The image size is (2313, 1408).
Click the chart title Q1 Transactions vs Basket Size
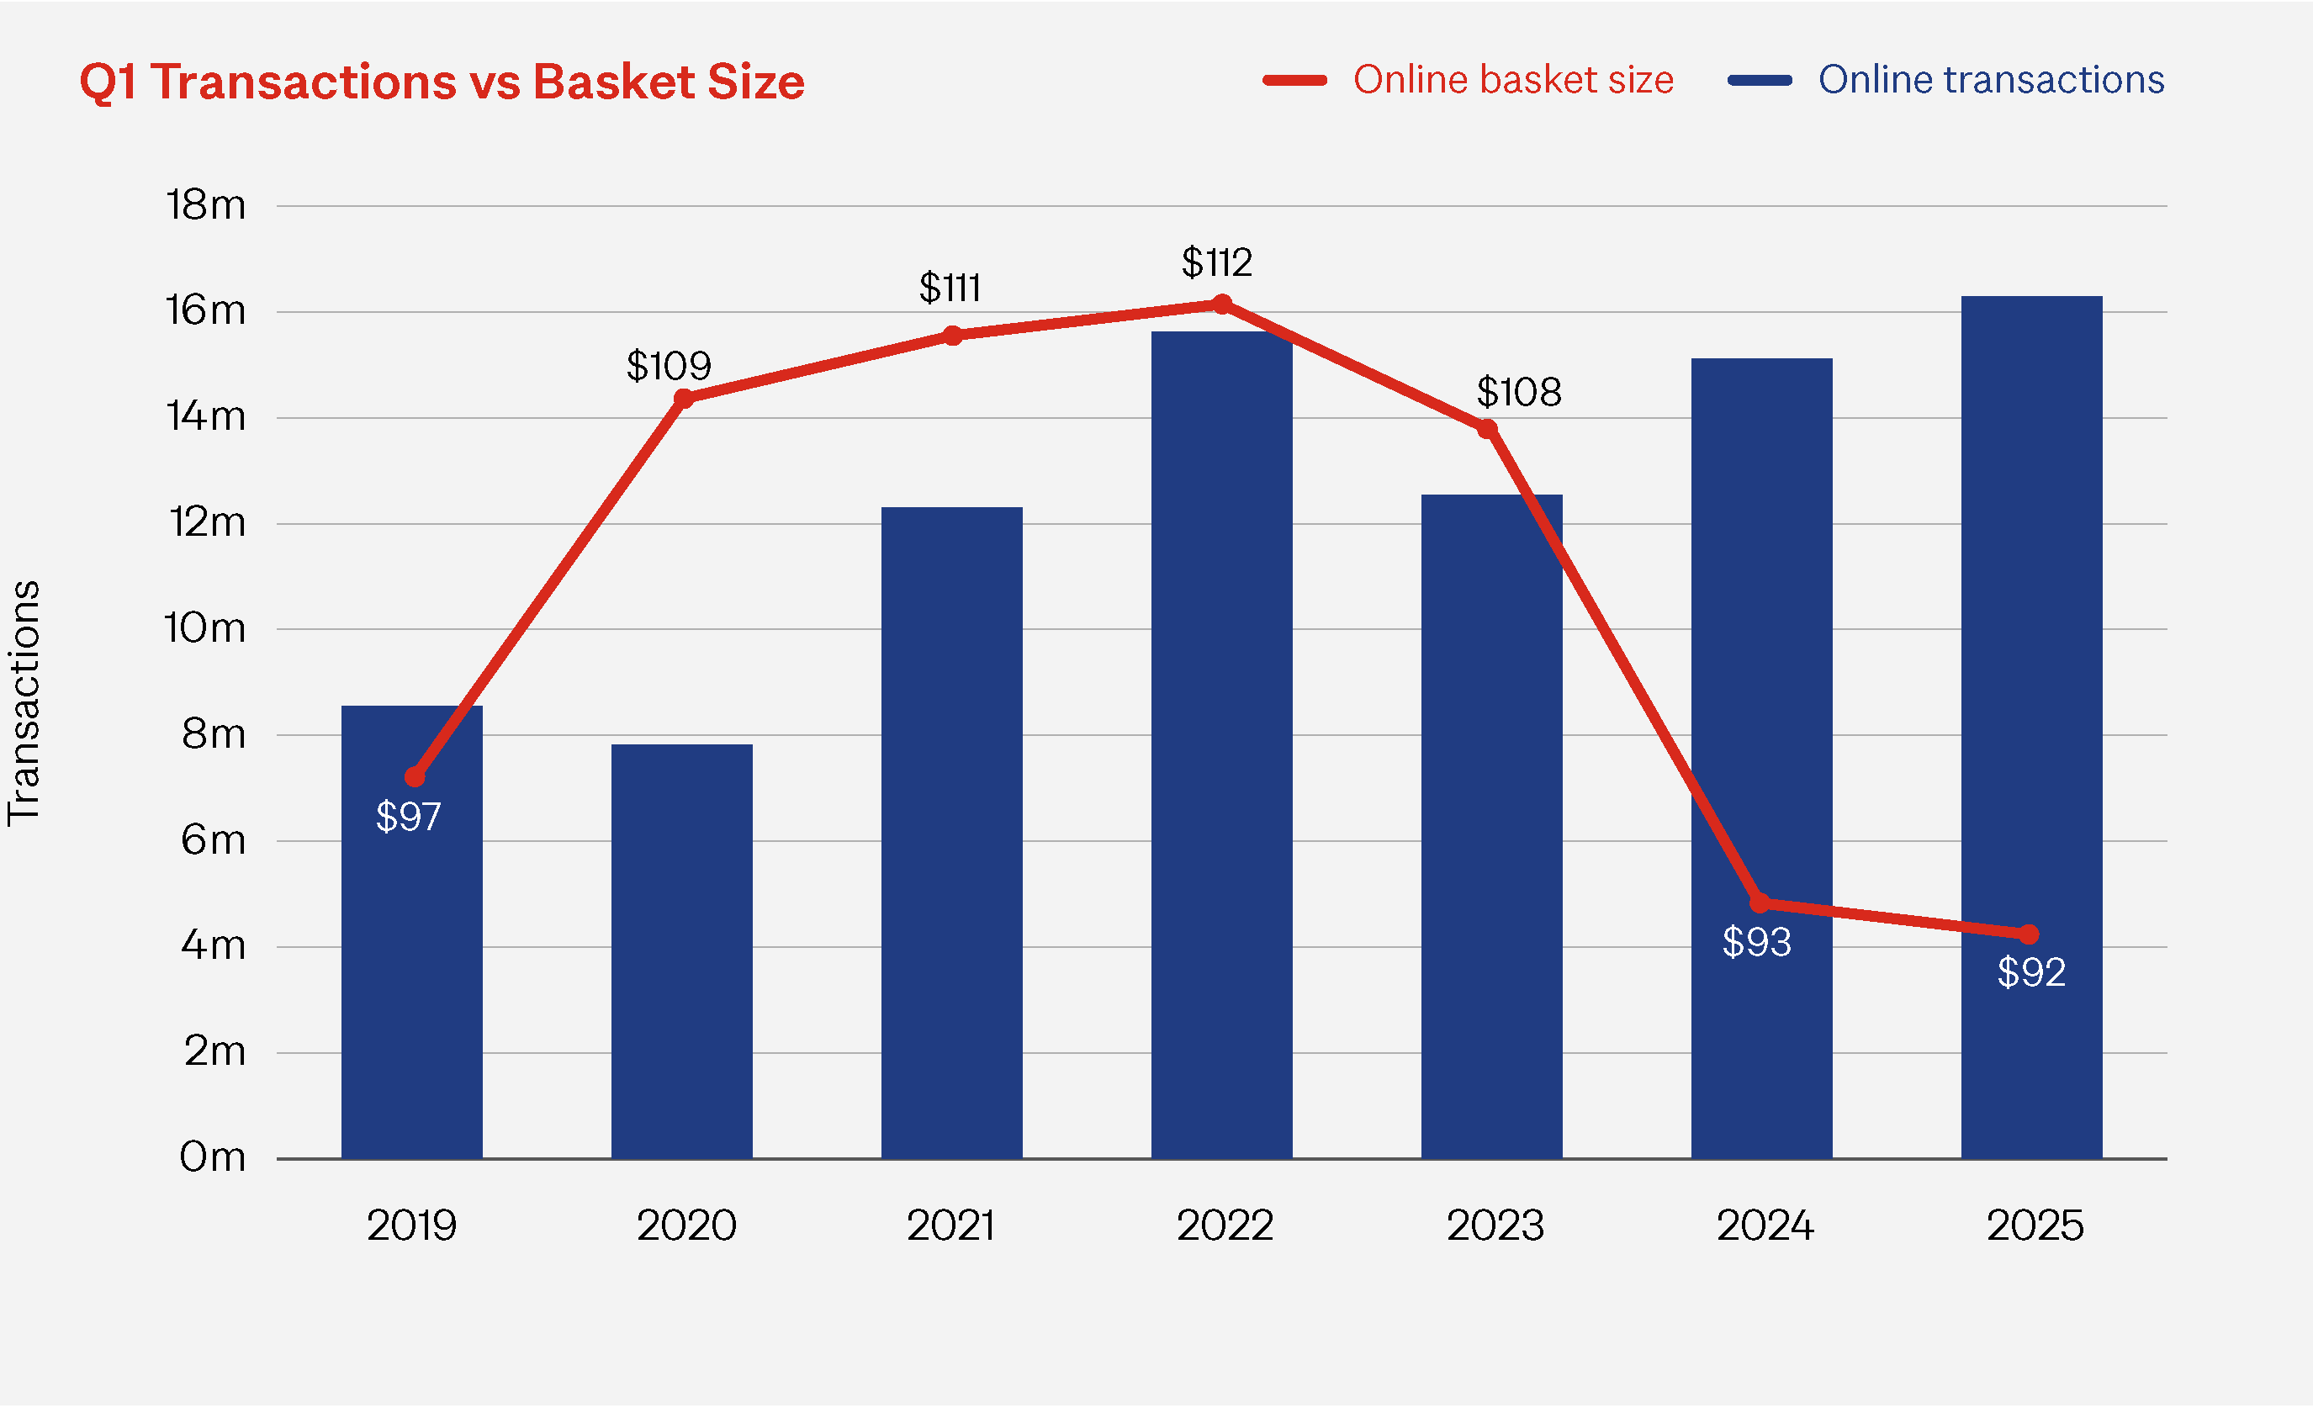point(442,82)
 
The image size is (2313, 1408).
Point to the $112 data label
point(1216,262)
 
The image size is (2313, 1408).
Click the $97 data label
point(408,817)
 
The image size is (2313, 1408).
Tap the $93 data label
point(1756,941)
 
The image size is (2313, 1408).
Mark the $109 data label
point(669,365)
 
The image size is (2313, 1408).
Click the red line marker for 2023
point(1487,429)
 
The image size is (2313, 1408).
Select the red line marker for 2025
point(2029,934)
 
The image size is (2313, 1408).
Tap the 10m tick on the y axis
point(204,628)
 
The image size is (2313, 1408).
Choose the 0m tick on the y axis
point(212,1157)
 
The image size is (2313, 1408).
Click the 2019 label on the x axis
point(411,1225)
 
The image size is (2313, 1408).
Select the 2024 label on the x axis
point(1765,1225)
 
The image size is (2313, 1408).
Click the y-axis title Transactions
point(24,704)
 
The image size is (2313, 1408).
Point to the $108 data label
point(1518,391)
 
